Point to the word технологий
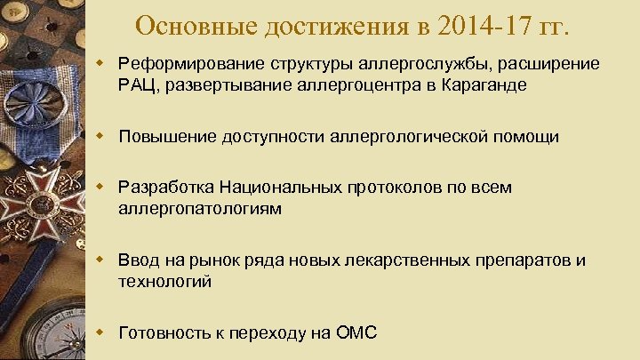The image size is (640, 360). click(164, 282)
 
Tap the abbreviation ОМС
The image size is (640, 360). click(356, 333)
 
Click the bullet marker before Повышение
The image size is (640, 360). click(102, 136)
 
